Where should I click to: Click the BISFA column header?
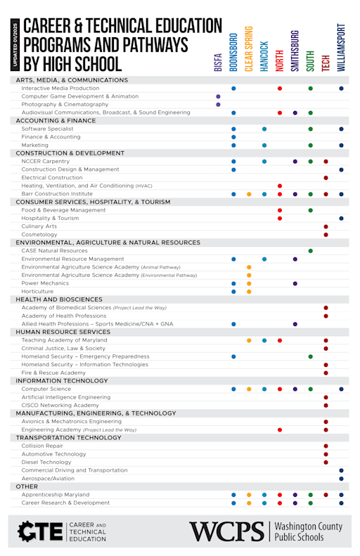pos(217,63)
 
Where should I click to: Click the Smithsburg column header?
pos(295,52)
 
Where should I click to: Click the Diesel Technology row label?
pos(46,462)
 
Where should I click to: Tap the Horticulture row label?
pos(37,291)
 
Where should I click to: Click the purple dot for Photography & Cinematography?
pos(218,104)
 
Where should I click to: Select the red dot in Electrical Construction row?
pos(326,178)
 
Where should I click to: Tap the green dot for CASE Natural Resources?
pos(310,251)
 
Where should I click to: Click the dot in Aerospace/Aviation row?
pos(341,478)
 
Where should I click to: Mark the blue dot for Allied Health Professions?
pos(233,324)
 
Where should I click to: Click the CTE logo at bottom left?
pos(40,531)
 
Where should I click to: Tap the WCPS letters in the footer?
pos(226,531)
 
